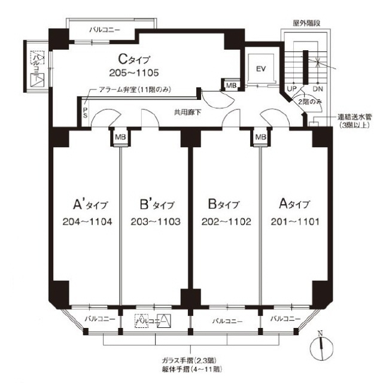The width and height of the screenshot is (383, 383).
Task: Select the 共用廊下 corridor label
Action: pos(187,112)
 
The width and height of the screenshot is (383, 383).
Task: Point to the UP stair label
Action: pos(293,88)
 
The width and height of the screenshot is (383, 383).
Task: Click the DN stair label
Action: pos(318,88)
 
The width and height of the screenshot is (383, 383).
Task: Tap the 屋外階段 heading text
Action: pos(307,22)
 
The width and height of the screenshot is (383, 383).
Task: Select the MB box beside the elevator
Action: pos(231,86)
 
